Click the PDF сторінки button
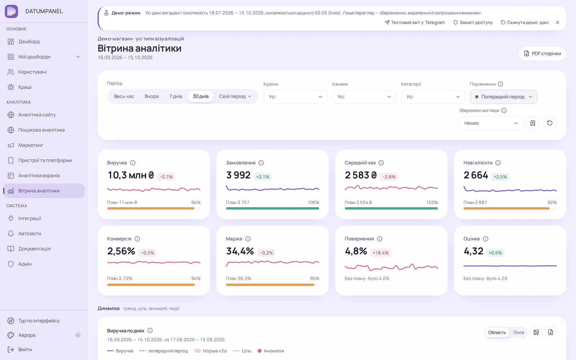tap(542, 54)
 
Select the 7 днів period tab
tap(176, 96)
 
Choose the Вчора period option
tap(152, 96)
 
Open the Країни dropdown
tap(295, 97)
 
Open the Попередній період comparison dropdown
tap(504, 97)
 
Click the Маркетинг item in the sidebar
tap(30, 145)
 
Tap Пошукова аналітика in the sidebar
tap(41, 130)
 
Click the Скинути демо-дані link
tap(524, 23)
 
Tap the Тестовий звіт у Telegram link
tap(415, 23)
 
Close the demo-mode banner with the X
tap(558, 23)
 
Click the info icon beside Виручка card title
tap(133, 163)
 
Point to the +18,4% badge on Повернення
tap(380, 253)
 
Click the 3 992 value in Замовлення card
tap(238, 175)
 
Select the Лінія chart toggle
tap(518, 332)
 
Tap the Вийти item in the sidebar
tap(25, 350)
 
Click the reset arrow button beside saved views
tap(550, 123)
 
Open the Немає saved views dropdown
tap(491, 123)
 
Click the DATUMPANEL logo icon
tap(11, 11)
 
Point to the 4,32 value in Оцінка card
tap(474, 251)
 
